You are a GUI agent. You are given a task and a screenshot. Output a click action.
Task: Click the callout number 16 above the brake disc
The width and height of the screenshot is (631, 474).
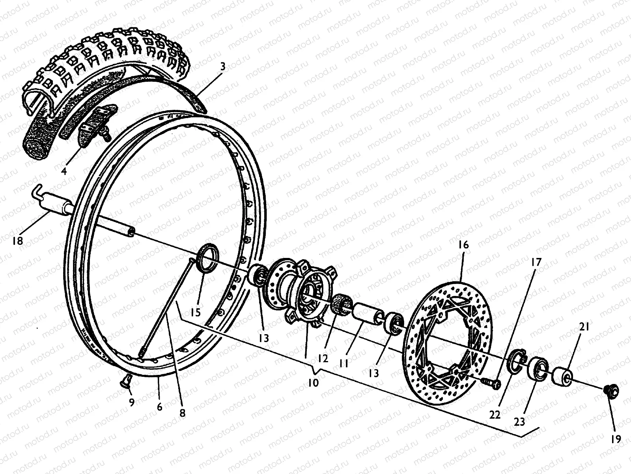point(464,245)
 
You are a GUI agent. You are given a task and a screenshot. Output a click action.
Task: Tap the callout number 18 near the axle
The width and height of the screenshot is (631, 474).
point(18,241)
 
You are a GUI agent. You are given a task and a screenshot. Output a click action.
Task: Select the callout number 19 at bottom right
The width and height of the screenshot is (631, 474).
point(616,439)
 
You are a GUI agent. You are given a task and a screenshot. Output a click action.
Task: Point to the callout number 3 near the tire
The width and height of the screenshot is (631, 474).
point(223,67)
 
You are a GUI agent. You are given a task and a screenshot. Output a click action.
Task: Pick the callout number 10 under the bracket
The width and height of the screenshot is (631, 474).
point(314,383)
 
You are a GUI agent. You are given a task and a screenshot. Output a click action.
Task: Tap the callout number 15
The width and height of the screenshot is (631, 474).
point(195,312)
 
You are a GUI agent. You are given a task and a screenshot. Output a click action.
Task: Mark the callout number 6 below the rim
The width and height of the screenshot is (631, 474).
point(159,406)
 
